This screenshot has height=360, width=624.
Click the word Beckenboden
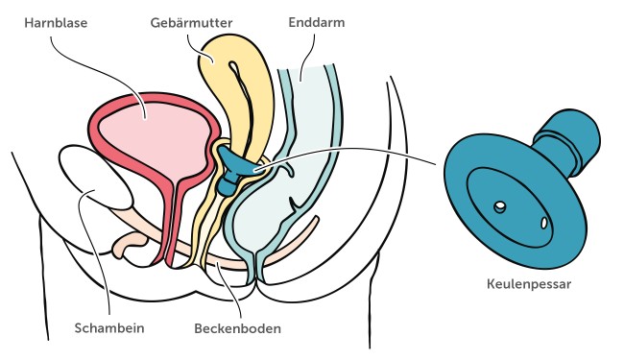[x=238, y=328]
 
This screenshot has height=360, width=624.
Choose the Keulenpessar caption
[x=523, y=285]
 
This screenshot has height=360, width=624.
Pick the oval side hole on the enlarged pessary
[x=544, y=223]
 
